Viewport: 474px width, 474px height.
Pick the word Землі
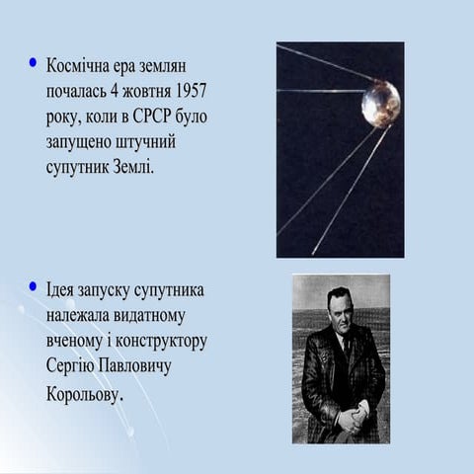coord(130,166)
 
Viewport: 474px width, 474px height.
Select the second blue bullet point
coord(34,288)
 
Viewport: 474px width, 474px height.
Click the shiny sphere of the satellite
coord(380,103)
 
